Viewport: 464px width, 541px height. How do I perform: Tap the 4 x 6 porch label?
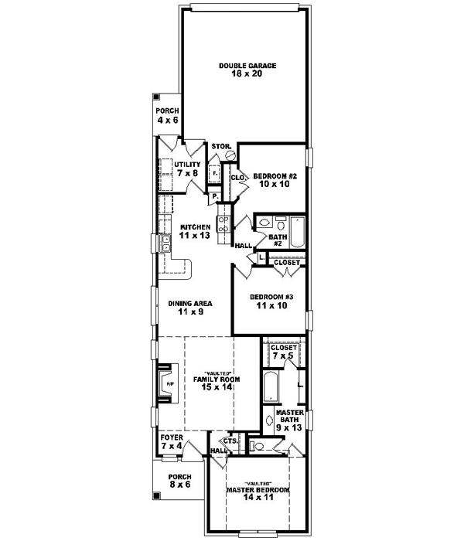point(168,115)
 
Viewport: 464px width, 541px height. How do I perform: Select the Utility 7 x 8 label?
point(186,168)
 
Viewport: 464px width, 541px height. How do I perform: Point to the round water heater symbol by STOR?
point(229,155)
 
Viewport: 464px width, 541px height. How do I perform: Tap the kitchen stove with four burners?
point(223,224)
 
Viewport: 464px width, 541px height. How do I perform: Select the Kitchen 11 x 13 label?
point(195,230)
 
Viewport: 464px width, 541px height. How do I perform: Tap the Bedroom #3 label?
point(270,301)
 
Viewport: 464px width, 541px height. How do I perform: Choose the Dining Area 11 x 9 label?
point(190,308)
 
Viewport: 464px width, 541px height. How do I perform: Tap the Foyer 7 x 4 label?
point(172,441)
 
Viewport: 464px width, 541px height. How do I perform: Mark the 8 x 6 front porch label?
point(179,480)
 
